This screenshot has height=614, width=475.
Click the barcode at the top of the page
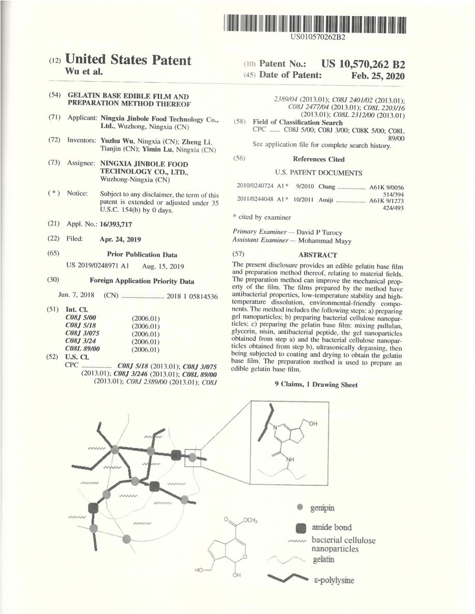point(315,24)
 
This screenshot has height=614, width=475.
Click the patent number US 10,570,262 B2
point(363,64)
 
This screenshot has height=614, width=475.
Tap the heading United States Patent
point(128,60)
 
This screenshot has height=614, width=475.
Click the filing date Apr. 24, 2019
point(120,239)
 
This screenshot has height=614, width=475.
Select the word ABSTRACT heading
point(318,255)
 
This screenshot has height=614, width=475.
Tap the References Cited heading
point(319,159)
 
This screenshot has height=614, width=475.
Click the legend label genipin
point(322,508)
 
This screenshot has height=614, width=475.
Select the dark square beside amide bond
point(300,528)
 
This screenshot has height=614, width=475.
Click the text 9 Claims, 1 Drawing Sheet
point(316,385)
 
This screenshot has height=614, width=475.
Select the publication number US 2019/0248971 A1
point(97,266)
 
